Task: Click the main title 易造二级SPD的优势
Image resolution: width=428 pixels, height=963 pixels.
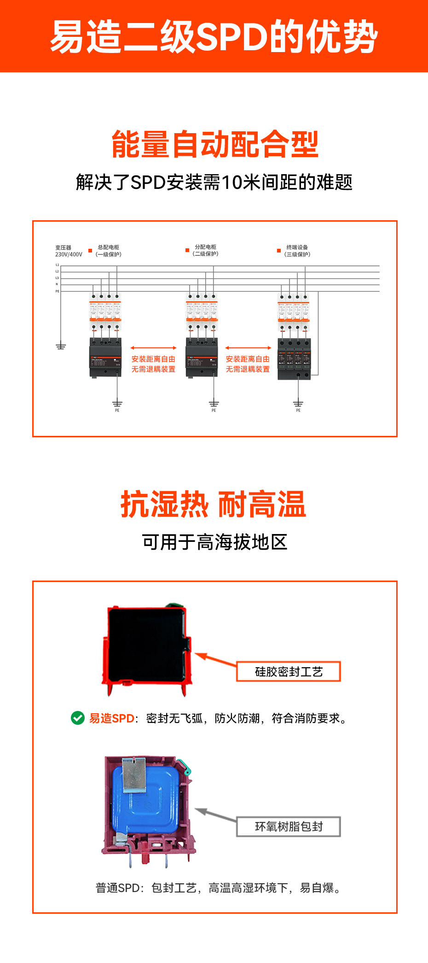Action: (214, 36)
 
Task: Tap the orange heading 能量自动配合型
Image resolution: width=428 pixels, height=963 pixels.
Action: (214, 144)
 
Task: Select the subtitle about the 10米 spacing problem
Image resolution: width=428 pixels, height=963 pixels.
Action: (214, 182)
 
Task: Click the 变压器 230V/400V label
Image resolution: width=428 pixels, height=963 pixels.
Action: (69, 251)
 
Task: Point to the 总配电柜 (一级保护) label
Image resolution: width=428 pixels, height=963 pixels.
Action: (109, 251)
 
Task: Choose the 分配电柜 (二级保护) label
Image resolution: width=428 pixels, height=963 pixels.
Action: (205, 251)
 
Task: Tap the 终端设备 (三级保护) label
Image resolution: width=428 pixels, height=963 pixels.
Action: (297, 251)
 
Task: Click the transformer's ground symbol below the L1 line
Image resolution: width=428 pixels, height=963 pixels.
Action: (61, 346)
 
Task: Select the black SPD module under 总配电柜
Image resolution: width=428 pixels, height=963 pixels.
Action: (105, 358)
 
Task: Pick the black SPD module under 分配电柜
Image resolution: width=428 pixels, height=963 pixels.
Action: (202, 358)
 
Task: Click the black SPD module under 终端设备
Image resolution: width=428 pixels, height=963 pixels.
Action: (295, 359)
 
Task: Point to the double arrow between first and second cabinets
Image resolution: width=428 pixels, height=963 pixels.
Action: (153, 348)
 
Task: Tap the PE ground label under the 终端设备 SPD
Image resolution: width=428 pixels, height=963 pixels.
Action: (298, 410)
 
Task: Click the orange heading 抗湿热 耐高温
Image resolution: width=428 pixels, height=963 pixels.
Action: (214, 505)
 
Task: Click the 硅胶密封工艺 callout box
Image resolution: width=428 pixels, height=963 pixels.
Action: (289, 672)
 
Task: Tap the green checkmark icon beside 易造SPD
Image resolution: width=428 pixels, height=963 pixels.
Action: (78, 718)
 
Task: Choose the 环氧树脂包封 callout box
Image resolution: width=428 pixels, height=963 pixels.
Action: (289, 827)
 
